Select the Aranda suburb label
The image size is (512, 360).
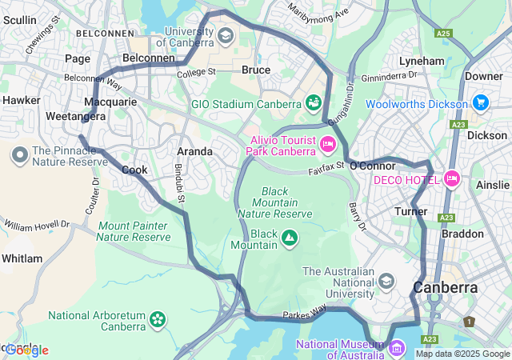point(194,151)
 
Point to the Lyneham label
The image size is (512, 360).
point(422,61)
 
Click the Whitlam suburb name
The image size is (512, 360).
point(22,258)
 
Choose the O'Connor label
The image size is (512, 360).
point(373,166)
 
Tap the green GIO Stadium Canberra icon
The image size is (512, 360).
point(313,103)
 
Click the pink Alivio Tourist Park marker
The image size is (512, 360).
point(327,144)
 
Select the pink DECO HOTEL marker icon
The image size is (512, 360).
point(450,178)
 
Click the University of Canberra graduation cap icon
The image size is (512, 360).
point(226,36)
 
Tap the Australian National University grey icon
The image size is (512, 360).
point(386,281)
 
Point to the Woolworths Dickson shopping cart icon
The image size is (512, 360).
point(480,103)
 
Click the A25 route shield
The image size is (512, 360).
point(445,34)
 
